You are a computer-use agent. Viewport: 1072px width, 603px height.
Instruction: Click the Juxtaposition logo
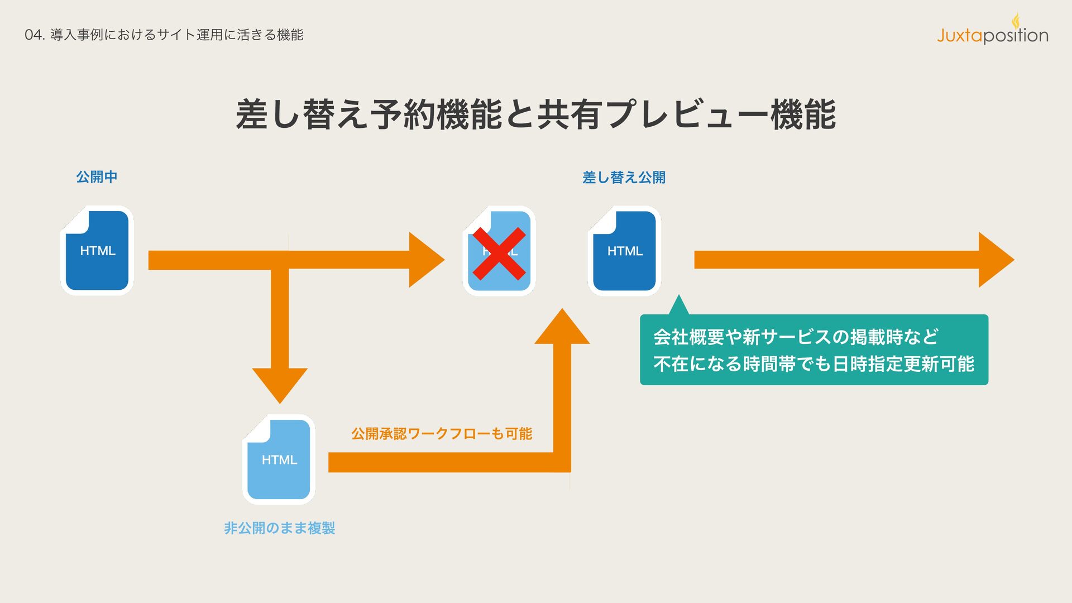point(992,36)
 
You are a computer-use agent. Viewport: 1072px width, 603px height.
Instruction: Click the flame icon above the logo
point(1016,20)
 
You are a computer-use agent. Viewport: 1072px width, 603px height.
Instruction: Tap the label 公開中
point(97,177)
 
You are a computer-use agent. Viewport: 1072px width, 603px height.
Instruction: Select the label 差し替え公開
point(624,178)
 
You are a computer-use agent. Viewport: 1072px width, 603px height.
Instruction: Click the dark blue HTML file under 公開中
point(97,251)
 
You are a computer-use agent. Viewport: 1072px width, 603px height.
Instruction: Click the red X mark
point(499,253)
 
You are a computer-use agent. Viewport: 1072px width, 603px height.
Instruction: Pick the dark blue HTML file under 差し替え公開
point(624,251)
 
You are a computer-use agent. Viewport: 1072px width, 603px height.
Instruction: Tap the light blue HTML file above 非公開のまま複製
point(279,460)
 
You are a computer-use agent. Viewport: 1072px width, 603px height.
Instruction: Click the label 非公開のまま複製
point(279,528)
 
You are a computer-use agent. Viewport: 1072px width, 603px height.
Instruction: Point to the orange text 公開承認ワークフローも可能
point(441,433)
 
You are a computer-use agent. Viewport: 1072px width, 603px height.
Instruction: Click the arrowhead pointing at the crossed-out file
point(425,260)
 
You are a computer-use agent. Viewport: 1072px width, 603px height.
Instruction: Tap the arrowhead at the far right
point(995,260)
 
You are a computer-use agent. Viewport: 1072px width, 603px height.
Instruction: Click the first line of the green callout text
point(796,337)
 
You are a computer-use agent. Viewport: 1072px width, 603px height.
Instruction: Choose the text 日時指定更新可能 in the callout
point(903,364)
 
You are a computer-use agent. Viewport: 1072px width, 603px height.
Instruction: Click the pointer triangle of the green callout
point(678,306)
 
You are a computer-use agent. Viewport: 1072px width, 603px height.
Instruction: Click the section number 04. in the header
point(35,35)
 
